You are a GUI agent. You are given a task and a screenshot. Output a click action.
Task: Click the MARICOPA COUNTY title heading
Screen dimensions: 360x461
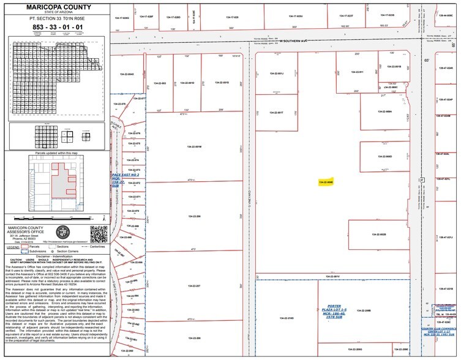click(55, 6)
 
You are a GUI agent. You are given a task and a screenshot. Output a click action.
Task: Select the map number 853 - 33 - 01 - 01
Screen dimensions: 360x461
click(55, 28)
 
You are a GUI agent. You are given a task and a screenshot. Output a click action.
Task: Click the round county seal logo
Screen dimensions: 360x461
click(63, 233)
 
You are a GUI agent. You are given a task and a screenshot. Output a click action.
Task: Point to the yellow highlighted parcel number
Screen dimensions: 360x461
click(326, 182)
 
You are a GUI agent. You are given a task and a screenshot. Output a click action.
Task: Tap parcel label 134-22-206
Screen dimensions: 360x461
click(194, 217)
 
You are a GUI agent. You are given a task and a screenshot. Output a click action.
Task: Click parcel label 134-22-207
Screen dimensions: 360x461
click(194, 286)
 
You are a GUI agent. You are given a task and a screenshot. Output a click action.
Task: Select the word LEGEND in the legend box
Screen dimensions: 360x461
click(13, 247)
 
